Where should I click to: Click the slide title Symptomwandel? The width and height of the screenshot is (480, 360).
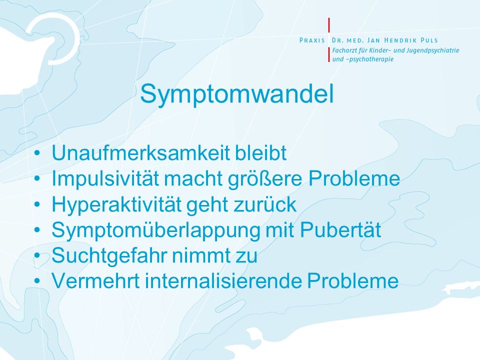tap(236, 94)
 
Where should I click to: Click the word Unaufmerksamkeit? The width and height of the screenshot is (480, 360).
tap(140, 152)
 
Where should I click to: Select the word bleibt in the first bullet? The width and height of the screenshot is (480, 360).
tap(260, 152)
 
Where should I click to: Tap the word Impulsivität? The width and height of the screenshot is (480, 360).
tap(105, 178)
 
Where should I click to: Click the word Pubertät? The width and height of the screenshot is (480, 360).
tap(340, 229)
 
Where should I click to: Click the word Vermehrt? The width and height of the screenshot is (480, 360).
tap(95, 280)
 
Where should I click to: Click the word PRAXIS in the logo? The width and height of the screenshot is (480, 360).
tap(312, 40)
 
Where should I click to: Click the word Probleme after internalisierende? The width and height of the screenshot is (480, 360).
tap(353, 280)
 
